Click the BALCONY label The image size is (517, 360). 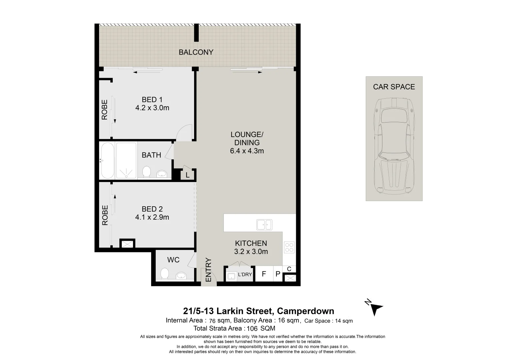(x=196, y=52)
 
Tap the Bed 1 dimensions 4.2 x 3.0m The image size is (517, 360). (x=152, y=108)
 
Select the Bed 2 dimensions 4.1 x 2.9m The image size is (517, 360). (x=152, y=217)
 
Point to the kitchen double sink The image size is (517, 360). (x=264, y=225)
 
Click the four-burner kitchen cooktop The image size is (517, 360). (x=289, y=247)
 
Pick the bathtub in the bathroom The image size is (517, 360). (x=107, y=160)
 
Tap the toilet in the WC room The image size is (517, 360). (x=164, y=273)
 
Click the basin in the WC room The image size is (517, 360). (x=181, y=275)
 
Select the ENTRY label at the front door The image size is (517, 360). (x=208, y=270)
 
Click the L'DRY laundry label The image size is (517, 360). (x=245, y=274)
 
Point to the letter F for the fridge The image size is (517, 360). (x=264, y=274)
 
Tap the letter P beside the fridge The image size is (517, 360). (x=278, y=274)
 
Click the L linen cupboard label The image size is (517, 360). (x=187, y=175)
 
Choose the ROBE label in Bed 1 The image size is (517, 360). (x=104, y=110)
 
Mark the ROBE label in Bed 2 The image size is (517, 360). (x=105, y=215)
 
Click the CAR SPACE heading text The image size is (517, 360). (x=394, y=87)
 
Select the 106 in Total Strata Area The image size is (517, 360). (x=252, y=328)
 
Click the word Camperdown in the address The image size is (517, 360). (x=305, y=311)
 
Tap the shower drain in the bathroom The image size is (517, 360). (x=126, y=176)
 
